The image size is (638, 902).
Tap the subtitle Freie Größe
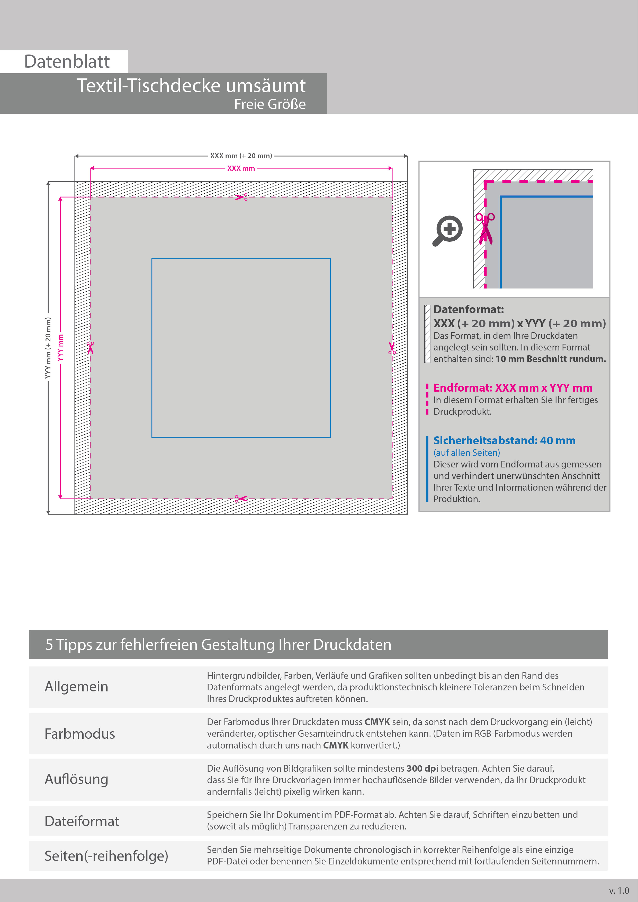[270, 104]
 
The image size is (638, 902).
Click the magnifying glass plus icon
[447, 231]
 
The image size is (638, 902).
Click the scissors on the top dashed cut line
[241, 197]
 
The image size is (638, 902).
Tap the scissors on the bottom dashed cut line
[241, 499]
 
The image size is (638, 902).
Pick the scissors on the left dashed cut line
[90, 348]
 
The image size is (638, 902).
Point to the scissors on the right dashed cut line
[392, 348]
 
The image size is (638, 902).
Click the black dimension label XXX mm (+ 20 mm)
[241, 156]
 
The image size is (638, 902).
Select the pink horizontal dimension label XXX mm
[241, 168]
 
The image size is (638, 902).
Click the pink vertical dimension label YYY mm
[60, 348]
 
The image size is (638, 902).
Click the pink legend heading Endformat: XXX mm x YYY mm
[513, 388]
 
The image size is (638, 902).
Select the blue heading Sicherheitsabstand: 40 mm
[505, 440]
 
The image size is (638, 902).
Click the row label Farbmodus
[80, 734]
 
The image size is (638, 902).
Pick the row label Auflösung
[77, 779]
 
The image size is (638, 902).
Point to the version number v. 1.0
[619, 891]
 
